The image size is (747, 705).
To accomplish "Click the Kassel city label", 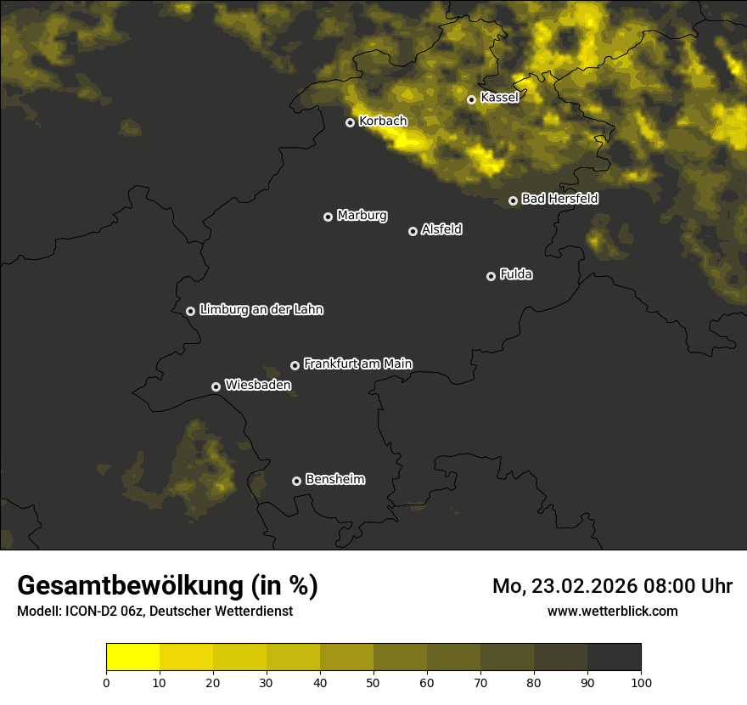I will (499, 98).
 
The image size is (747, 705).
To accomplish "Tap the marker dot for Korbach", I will (350, 122).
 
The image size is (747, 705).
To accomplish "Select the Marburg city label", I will (362, 216).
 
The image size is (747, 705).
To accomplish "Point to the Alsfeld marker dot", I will (413, 231).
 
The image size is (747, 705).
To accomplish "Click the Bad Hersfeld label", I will (559, 199).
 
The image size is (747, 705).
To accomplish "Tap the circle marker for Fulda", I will (491, 276).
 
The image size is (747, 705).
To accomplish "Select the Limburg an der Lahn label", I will (261, 310).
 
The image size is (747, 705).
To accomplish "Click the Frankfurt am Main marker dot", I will (295, 365).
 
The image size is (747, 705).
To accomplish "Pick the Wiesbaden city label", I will (257, 386).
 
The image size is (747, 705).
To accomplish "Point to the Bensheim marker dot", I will (296, 481).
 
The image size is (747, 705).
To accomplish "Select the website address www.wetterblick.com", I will (613, 612).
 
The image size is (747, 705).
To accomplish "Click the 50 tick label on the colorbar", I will (373, 682).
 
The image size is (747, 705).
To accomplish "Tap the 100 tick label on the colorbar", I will (641, 682).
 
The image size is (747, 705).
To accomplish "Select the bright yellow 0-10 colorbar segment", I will (132, 657).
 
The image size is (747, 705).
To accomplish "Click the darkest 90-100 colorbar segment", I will (614, 657).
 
